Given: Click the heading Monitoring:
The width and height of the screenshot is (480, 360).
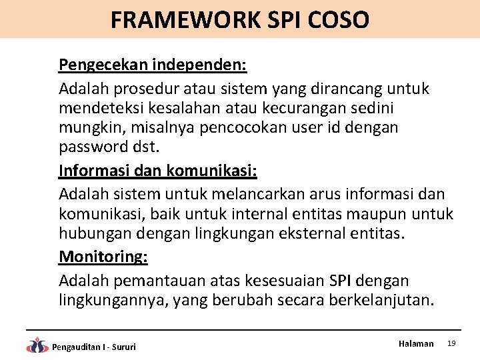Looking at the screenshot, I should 103,257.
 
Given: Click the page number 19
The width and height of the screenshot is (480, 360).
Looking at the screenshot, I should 451,343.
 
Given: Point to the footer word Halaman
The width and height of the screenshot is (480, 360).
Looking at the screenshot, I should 416,343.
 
